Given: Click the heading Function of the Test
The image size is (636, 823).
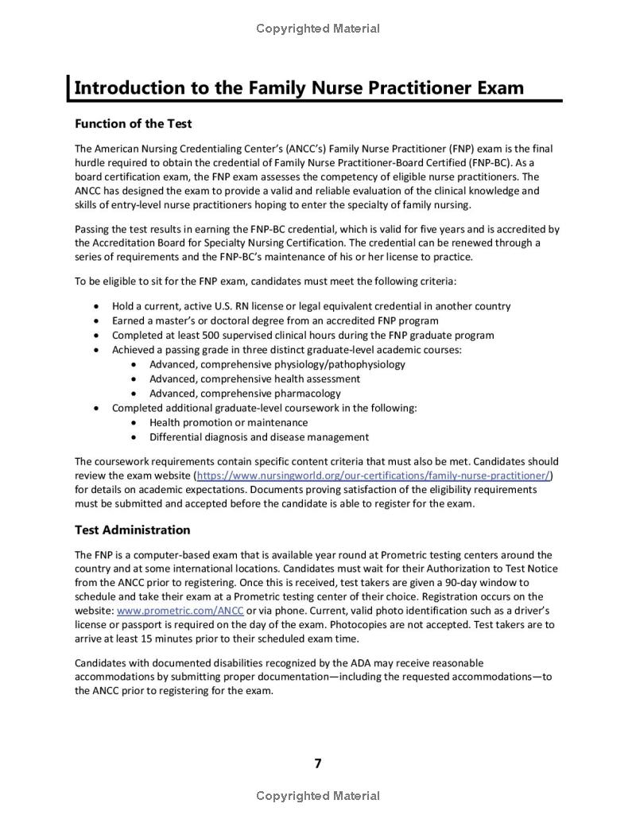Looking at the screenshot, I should click(x=133, y=123).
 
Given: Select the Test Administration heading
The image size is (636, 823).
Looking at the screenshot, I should click(x=133, y=530).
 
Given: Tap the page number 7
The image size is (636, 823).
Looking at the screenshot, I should click(x=318, y=763).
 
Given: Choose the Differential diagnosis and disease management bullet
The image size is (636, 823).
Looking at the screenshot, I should click(x=259, y=437).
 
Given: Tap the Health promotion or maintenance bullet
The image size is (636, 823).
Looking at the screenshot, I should click(x=228, y=422).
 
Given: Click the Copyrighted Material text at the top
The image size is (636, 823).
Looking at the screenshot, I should click(x=318, y=29).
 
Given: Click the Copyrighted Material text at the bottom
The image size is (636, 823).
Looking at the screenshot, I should click(x=318, y=796).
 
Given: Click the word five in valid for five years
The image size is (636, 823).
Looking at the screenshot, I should click(x=445, y=229).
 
